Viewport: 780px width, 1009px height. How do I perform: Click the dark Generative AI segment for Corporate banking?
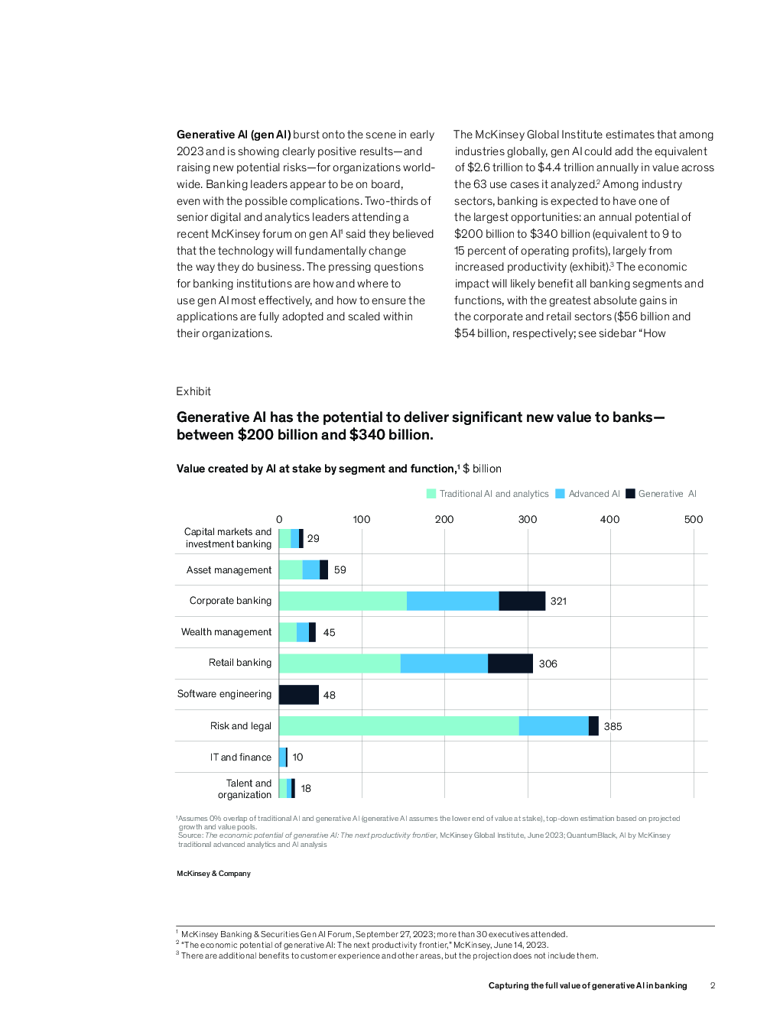pos(522,601)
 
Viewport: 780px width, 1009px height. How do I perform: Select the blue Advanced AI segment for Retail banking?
pos(444,663)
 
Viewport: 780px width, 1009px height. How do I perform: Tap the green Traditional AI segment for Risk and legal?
pos(399,725)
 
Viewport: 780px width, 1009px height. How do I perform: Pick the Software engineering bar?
pos(299,695)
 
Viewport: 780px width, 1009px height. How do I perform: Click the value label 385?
pos(613,727)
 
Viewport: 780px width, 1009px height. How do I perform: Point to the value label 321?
pos(558,602)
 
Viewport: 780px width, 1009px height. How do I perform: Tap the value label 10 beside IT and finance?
pos(297,758)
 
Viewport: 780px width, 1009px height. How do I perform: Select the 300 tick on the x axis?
pos(528,520)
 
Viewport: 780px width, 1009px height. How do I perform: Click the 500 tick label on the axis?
pos(693,520)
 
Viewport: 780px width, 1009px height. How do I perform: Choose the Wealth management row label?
pos(226,632)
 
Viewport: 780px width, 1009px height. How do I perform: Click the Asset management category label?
pos(229,570)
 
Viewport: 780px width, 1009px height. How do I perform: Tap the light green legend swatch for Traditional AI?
pos(431,494)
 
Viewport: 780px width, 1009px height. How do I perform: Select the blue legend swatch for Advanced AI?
pos(560,494)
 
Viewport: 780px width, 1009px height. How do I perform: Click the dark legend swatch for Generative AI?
pos(630,494)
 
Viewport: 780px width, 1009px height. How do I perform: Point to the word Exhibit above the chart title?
pos(193,391)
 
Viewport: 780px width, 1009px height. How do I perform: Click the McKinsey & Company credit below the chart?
pos(213,874)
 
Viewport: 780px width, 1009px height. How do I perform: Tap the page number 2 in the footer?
pos(713,985)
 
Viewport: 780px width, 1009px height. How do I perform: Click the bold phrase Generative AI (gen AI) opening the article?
pos(234,135)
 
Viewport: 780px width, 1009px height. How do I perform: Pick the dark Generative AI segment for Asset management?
pos(323,569)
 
